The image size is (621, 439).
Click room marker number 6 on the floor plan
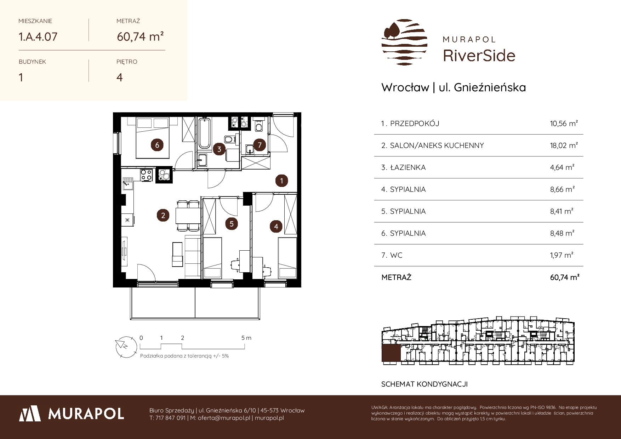[x=157, y=144]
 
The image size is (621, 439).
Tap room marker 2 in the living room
[x=163, y=215]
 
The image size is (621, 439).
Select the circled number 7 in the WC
[x=260, y=145]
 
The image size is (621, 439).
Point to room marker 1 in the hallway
[x=281, y=181]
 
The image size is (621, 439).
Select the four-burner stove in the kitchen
[x=147, y=175]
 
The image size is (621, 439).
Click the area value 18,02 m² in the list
[x=564, y=145]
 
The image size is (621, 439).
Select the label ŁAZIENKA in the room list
[x=408, y=167]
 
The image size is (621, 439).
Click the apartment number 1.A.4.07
[x=38, y=37]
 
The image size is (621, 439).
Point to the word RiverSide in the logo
[x=479, y=56]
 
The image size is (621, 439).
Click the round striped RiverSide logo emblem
[x=404, y=42]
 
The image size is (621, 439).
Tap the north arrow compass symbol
[x=126, y=345]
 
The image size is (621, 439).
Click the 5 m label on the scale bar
[x=246, y=338]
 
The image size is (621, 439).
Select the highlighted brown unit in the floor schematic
[x=391, y=354]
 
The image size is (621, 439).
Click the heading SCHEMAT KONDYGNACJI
[x=425, y=384]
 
